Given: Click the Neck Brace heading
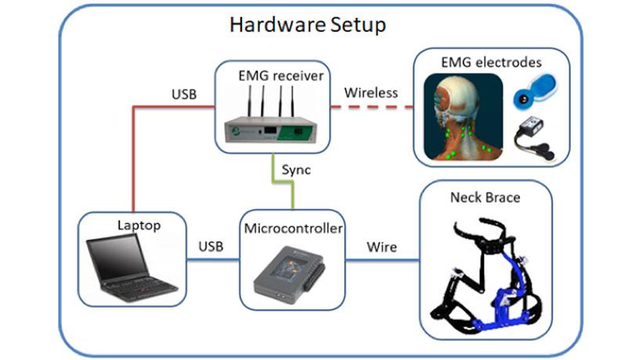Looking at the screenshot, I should [x=485, y=197].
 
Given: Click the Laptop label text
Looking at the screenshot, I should [x=138, y=225].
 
